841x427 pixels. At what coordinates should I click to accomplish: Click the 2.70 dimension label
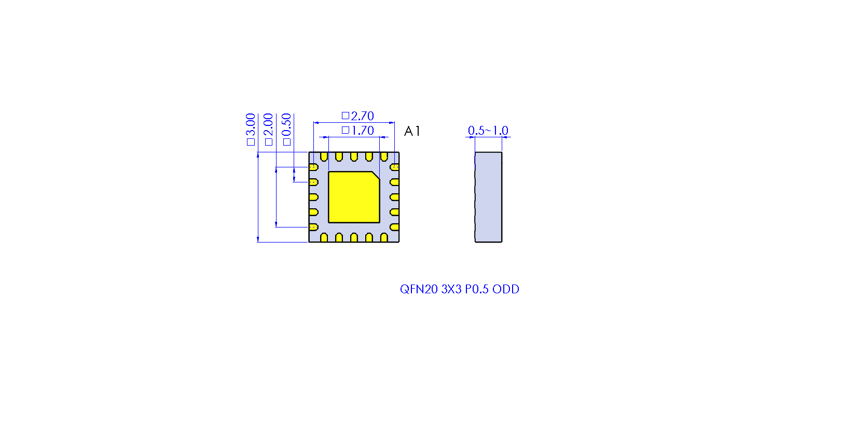(358, 116)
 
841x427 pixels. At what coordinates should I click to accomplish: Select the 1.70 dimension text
(358, 131)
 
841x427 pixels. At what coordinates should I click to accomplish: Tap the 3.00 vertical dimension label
(251, 130)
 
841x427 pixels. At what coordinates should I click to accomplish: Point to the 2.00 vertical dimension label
(268, 130)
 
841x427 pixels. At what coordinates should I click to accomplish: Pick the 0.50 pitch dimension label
(286, 130)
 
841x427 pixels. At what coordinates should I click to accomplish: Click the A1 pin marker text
(412, 131)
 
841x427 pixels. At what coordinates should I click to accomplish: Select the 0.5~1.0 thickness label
(488, 131)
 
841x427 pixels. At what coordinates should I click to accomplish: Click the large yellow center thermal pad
(354, 197)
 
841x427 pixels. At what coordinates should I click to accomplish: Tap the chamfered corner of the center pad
(376, 176)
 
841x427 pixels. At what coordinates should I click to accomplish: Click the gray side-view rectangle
(488, 197)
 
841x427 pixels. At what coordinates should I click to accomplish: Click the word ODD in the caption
(506, 289)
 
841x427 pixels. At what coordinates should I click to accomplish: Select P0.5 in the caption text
(476, 289)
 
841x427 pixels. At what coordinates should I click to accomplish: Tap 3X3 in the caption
(451, 289)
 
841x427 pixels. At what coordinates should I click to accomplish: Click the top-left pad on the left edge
(313, 167)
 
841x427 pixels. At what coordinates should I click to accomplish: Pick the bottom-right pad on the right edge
(394, 227)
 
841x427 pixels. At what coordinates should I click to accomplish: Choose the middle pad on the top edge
(354, 156)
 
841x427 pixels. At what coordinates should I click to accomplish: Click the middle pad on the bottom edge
(354, 238)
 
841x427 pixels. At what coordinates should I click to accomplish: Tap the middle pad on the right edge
(394, 197)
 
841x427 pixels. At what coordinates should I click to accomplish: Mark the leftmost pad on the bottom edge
(324, 238)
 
